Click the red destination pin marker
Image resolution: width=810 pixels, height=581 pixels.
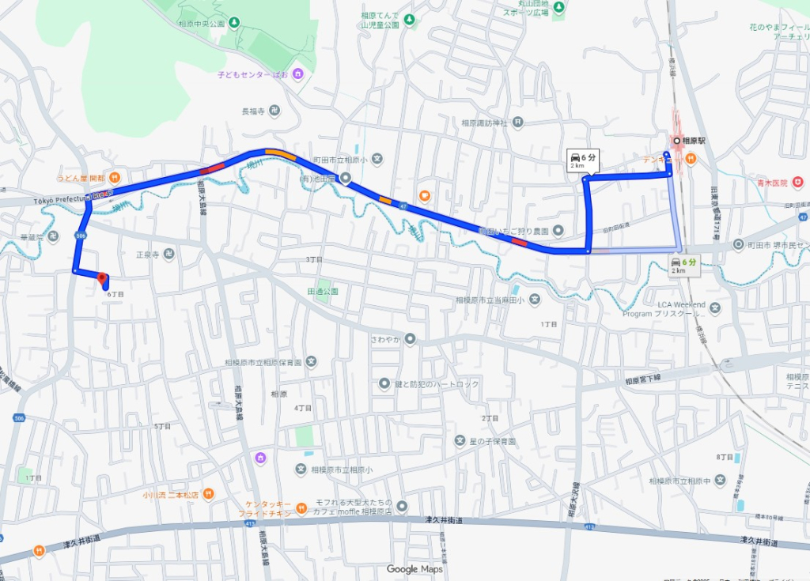click(101, 278)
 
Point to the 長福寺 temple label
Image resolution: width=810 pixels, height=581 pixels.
click(252, 111)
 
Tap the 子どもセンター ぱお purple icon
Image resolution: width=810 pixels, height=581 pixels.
click(297, 74)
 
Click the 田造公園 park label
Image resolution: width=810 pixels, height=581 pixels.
click(322, 291)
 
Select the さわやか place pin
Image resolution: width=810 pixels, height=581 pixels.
click(410, 339)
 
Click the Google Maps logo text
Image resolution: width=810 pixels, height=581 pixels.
click(414, 569)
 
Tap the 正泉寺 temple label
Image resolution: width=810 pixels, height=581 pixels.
click(148, 255)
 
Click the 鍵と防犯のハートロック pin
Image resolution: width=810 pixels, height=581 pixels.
click(384, 383)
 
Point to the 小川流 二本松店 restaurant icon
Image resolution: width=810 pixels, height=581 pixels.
click(207, 494)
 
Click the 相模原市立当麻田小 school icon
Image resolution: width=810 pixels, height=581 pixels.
click(536, 299)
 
